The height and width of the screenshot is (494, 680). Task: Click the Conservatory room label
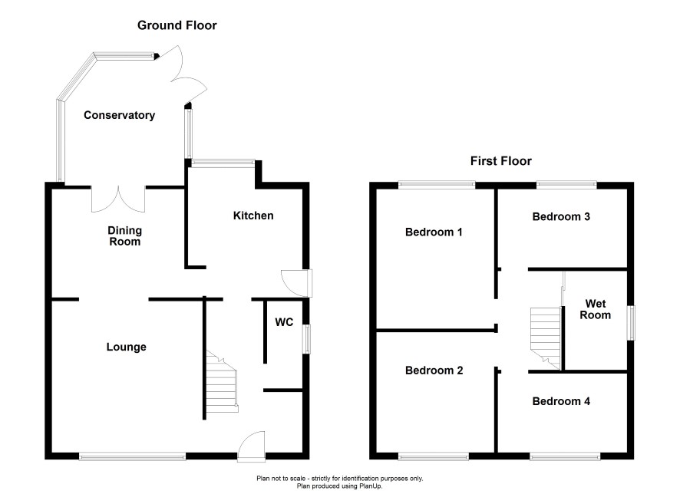(119, 116)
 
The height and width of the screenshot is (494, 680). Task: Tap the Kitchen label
(253, 216)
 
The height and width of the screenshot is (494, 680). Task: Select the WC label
(284, 322)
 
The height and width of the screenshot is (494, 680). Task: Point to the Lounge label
(126, 347)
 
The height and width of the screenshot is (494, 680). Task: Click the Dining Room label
(124, 235)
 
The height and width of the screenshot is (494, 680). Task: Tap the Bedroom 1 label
(434, 232)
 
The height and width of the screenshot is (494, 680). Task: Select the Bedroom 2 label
(434, 370)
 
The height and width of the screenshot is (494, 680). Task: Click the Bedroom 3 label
(561, 216)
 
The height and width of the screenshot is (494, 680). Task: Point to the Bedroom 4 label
(561, 401)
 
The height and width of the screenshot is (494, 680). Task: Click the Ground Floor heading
(177, 25)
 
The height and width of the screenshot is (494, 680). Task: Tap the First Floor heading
(500, 161)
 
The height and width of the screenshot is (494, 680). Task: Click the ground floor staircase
(221, 384)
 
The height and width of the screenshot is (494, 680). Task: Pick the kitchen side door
(296, 282)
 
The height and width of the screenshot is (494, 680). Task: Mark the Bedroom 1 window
(437, 184)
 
